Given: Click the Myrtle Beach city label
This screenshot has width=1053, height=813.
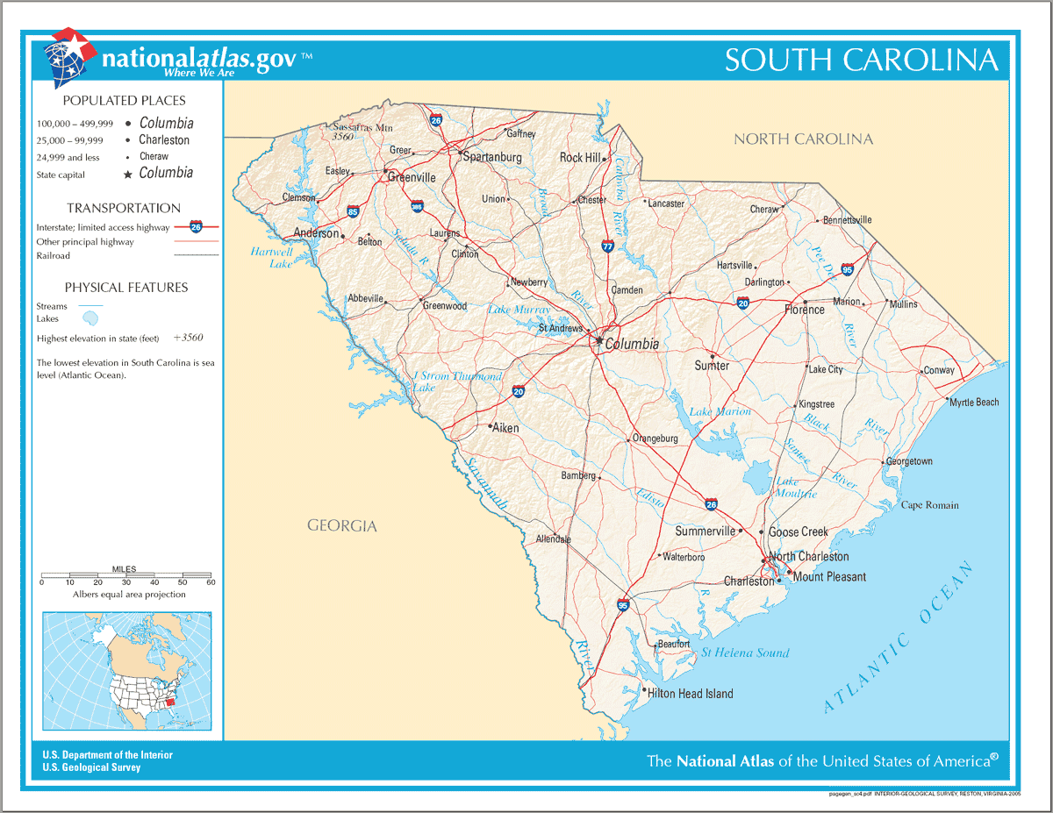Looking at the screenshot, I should click(x=974, y=403).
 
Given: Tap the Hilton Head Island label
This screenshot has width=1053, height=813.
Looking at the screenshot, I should click(x=690, y=694).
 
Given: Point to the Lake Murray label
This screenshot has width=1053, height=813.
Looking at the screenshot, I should click(x=519, y=310).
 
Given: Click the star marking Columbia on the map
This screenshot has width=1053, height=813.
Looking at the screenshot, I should click(x=598, y=340).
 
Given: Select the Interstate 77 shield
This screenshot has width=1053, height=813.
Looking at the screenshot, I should click(x=607, y=246).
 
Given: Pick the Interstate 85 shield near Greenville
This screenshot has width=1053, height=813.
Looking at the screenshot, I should click(x=353, y=211).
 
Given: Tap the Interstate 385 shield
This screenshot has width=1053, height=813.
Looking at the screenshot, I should click(x=417, y=206).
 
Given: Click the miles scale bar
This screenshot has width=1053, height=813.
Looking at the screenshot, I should click(x=126, y=576).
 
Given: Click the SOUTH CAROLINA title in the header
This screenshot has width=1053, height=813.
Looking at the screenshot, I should click(x=861, y=60).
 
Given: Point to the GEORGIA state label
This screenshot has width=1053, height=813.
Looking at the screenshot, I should click(x=341, y=526).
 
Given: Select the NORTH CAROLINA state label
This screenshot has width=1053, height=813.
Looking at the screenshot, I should click(x=803, y=139).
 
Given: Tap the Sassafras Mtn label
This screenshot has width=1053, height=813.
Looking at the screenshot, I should click(x=362, y=127).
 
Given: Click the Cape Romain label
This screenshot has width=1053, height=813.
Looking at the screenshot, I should click(x=930, y=505).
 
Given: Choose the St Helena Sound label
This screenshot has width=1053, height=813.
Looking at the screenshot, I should click(x=745, y=653).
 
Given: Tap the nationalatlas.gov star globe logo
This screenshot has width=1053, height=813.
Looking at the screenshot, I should click(x=68, y=57).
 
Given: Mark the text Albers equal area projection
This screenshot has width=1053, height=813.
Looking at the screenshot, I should click(x=129, y=595).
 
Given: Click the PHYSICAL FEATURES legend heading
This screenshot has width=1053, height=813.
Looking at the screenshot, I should click(x=126, y=288).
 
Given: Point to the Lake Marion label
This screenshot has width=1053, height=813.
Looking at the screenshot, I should click(x=720, y=411).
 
